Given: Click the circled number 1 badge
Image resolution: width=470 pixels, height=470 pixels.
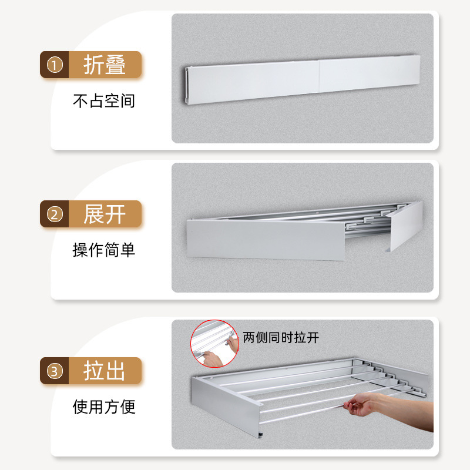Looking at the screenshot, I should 54,65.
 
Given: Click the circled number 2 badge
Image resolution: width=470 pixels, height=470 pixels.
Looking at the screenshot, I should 54,214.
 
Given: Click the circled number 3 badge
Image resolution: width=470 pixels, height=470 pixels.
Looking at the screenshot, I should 54,371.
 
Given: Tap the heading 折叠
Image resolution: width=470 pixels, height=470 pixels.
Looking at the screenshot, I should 105,65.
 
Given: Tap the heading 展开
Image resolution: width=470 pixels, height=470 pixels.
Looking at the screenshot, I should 105,214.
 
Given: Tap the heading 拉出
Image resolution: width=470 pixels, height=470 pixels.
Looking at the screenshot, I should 105,371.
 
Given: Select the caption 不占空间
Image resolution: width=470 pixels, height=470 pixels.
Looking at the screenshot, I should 104,101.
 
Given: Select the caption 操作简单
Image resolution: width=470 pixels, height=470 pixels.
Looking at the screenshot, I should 104,250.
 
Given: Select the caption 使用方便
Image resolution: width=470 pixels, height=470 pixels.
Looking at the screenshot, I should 104,407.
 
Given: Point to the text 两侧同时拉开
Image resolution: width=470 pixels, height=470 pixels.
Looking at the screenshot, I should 281,338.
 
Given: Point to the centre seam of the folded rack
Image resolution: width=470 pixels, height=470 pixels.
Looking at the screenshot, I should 318,81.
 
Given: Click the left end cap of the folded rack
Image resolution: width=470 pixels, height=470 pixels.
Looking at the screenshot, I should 187,86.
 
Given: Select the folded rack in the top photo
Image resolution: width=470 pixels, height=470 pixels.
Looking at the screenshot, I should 303,82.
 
